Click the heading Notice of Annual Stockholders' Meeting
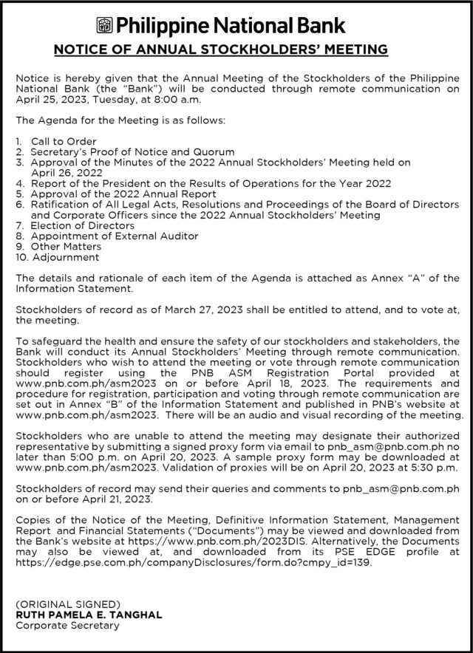(236, 50)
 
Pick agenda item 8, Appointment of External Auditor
(115, 236)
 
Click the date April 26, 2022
(63, 172)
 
